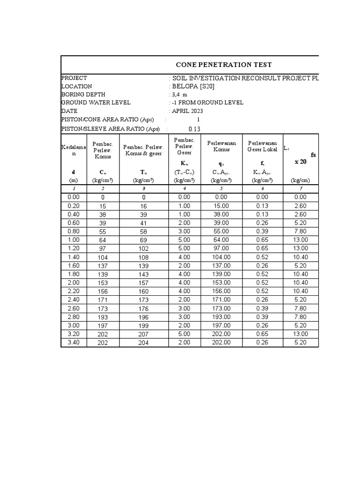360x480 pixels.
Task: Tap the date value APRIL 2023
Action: [x=187, y=111]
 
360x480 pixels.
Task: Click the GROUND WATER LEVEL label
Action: [x=96, y=103]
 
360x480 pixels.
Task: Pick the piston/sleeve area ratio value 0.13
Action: [x=194, y=129]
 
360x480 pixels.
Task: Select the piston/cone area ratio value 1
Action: [x=198, y=120]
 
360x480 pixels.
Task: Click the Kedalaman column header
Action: [x=71, y=150]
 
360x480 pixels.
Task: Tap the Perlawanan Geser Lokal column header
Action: [x=262, y=146]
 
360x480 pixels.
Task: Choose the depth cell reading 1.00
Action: [x=73, y=240]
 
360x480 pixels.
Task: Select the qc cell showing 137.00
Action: [x=221, y=266]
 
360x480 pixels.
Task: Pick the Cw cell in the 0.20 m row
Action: [x=103, y=206]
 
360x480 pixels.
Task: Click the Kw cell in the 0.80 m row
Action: [x=184, y=232]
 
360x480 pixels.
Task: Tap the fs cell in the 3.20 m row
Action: [x=262, y=334]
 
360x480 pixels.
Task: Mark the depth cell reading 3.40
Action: [x=73, y=343]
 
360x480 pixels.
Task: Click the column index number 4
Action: [x=184, y=188]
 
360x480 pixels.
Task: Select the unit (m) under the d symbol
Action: [x=73, y=180]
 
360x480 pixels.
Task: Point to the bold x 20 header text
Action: [x=300, y=162]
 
